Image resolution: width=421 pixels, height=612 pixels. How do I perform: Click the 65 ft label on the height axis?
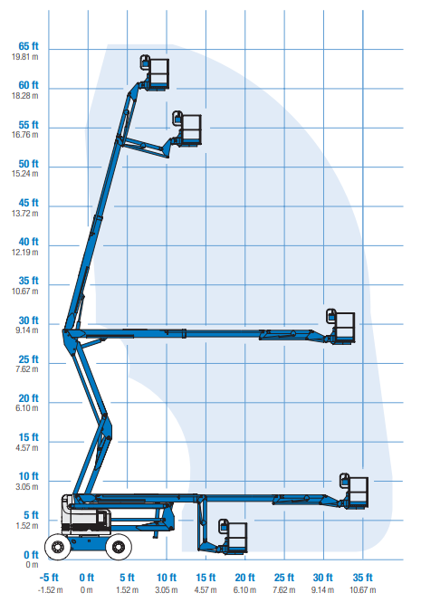click(28, 46)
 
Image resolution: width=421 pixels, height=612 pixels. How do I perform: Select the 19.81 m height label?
click(25, 57)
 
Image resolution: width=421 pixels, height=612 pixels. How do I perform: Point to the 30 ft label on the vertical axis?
click(28, 320)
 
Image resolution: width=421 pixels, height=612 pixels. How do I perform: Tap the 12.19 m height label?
click(25, 253)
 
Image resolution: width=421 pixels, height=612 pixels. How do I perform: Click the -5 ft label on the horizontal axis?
click(49, 578)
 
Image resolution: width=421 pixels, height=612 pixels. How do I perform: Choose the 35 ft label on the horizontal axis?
click(362, 578)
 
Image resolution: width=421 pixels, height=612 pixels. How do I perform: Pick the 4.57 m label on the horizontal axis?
click(206, 589)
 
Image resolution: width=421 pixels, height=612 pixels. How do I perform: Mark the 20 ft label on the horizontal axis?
click(244, 578)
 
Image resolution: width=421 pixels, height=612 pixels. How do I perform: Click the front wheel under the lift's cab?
click(58, 547)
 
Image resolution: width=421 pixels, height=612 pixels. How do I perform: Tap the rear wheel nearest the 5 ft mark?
click(119, 547)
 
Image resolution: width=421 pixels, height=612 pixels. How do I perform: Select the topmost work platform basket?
click(155, 72)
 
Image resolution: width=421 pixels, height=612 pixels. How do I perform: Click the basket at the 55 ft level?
click(187, 128)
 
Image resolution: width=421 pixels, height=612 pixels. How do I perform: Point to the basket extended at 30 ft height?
click(341, 326)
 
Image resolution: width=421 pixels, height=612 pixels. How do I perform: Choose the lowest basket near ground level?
click(233, 536)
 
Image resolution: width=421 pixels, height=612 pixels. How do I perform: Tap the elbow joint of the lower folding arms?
click(105, 426)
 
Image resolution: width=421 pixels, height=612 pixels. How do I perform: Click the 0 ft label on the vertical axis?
click(31, 555)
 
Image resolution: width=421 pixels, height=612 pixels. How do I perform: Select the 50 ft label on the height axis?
click(28, 164)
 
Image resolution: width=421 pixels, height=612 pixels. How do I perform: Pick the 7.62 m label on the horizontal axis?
click(284, 589)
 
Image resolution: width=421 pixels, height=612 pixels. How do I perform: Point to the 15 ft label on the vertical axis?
click(28, 437)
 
